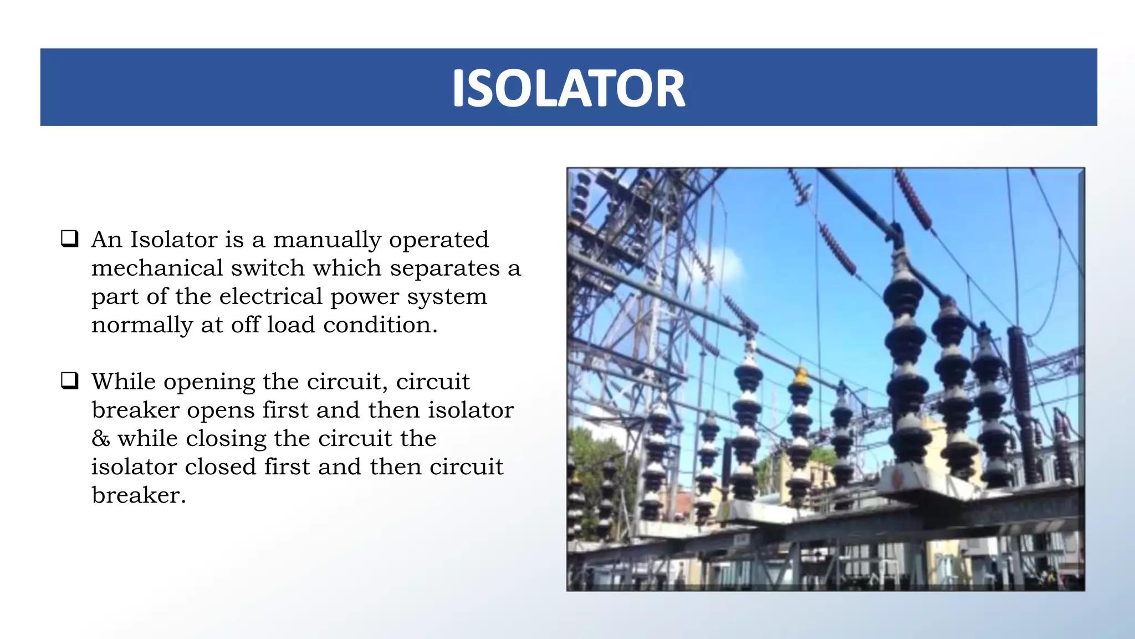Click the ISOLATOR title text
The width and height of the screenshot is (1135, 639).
pos(569,88)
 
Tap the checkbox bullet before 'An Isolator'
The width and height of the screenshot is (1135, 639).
pos(69,239)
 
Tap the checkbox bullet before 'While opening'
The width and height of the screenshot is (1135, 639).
pos(69,381)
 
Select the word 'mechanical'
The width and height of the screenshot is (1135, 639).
pos(157,268)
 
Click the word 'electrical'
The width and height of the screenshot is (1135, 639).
pos(270,297)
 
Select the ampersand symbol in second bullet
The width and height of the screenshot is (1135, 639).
pos(100,439)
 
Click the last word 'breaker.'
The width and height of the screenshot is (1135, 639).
pos(139,495)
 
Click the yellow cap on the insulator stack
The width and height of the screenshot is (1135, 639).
pos(801,376)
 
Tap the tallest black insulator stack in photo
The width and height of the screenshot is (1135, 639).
pos(906,361)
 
